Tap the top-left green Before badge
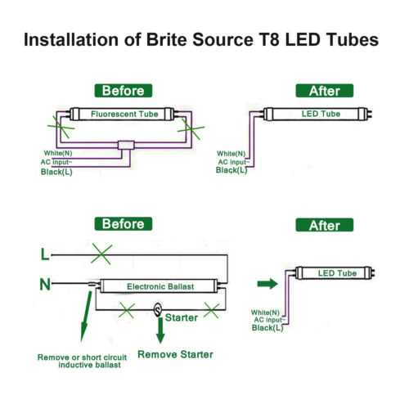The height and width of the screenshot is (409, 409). [x=123, y=91]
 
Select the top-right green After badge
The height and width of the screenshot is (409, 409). [x=325, y=91]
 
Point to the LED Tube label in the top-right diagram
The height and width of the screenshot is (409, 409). [x=321, y=114]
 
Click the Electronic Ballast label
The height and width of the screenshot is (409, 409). [x=160, y=287]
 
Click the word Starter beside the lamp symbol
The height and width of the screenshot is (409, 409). [x=182, y=317]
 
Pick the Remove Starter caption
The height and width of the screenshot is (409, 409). [x=175, y=354]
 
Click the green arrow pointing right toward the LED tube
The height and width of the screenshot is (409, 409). [x=267, y=285]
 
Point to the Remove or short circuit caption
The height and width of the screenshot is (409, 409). [x=82, y=357]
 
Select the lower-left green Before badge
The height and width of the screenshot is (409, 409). [x=123, y=223]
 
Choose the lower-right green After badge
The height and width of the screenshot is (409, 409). [x=325, y=225]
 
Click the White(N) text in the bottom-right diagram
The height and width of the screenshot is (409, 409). [x=267, y=312]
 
